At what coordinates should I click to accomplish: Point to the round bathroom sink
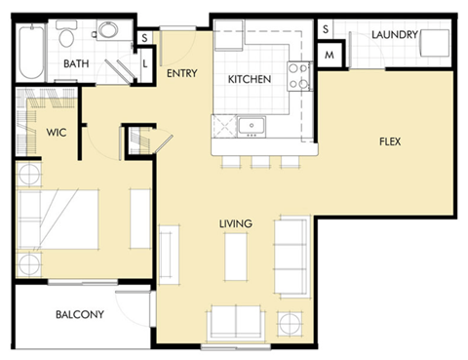click(x=105, y=31)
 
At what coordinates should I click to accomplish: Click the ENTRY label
click(x=182, y=73)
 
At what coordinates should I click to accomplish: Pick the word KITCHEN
click(x=250, y=79)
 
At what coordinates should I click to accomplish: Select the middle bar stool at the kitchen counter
click(x=260, y=161)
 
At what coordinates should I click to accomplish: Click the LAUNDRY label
click(x=394, y=35)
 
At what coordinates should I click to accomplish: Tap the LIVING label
click(x=235, y=224)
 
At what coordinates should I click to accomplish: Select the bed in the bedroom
click(x=58, y=220)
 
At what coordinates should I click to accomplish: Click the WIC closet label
click(x=55, y=131)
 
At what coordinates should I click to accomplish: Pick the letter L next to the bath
click(x=145, y=62)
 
